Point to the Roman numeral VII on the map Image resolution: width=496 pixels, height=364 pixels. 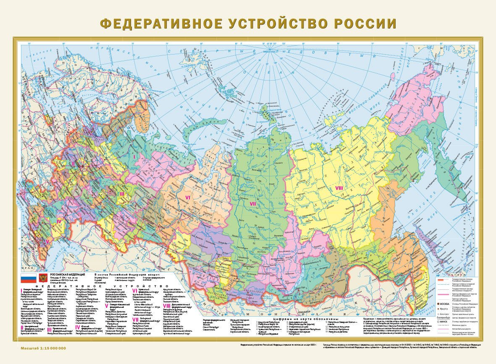point(253,204)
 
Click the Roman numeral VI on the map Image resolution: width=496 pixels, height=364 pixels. point(188,196)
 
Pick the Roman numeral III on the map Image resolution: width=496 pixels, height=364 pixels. point(122,194)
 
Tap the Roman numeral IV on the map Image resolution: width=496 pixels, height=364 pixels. point(59,221)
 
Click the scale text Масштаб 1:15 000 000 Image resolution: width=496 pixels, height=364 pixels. point(43,348)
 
